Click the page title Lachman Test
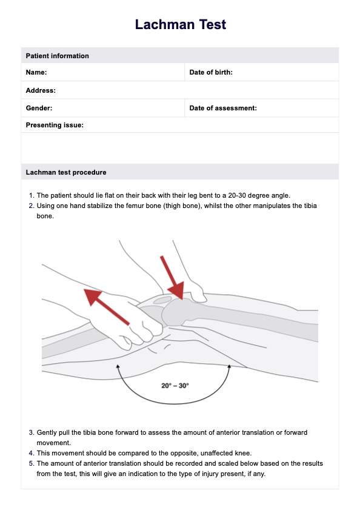[181, 24]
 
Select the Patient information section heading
[57, 56]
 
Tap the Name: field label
[36, 72]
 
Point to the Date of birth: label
[211, 72]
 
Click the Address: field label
[41, 90]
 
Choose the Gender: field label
[39, 108]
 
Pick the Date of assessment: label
[223, 108]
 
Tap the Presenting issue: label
[55, 125]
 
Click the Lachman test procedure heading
[66, 172]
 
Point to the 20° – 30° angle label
[175, 386]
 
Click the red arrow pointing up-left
[107, 307]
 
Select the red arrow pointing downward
[172, 278]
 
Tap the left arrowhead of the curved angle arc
[118, 366]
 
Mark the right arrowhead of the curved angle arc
[229, 366]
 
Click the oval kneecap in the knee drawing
[162, 300]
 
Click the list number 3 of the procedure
[32, 432]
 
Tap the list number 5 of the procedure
[32, 463]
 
